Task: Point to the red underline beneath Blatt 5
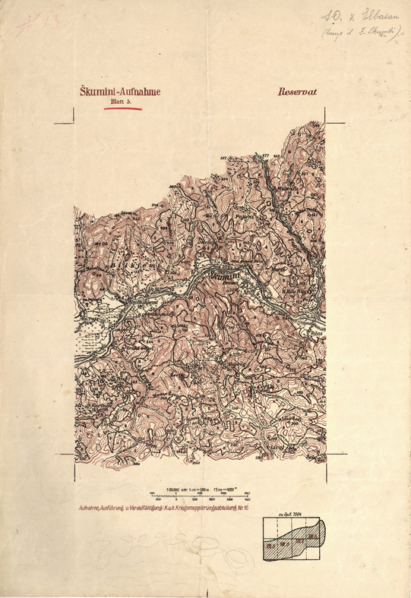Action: [122, 108]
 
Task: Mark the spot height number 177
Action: [265, 156]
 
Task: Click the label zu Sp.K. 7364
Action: [292, 516]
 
